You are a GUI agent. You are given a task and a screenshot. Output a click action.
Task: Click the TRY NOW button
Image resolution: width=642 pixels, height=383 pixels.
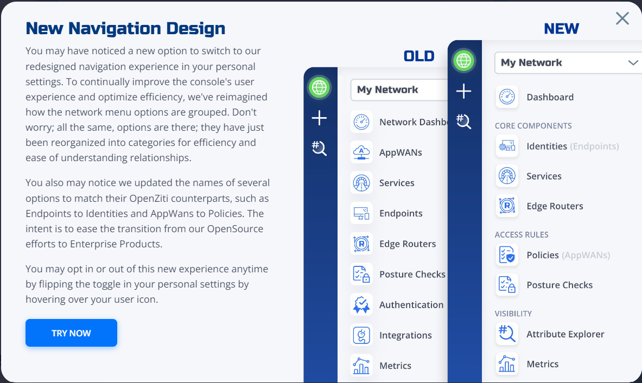pyautogui.click(x=71, y=333)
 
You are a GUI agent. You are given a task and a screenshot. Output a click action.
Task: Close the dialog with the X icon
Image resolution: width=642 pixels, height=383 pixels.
pyautogui.click(x=622, y=18)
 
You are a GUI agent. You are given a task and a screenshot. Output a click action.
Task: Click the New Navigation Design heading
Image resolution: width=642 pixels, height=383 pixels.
pyautogui.click(x=125, y=28)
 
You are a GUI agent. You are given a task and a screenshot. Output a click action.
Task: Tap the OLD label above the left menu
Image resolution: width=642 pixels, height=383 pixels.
pyautogui.click(x=419, y=56)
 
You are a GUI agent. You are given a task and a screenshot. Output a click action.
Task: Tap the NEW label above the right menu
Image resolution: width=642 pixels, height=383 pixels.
pyautogui.click(x=561, y=29)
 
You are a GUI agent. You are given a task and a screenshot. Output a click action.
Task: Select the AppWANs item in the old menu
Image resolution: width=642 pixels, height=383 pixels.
pyautogui.click(x=401, y=152)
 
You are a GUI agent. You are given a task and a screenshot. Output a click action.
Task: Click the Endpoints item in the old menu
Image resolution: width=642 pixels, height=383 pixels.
pyautogui.click(x=401, y=213)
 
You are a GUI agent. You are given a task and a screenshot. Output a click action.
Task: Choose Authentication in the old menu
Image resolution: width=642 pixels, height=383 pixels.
pyautogui.click(x=411, y=305)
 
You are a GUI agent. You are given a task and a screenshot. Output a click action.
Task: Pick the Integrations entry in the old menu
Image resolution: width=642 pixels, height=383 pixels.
pyautogui.click(x=405, y=336)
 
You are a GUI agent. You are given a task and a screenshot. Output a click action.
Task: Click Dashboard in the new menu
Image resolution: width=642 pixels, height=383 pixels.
pyautogui.click(x=550, y=97)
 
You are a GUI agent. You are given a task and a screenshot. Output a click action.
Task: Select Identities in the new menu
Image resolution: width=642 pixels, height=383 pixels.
pyautogui.click(x=546, y=146)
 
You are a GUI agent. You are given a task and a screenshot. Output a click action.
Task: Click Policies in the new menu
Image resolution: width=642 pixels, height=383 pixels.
pyautogui.click(x=543, y=255)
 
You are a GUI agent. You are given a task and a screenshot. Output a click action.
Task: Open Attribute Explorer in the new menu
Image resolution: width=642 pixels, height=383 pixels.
pyautogui.click(x=565, y=334)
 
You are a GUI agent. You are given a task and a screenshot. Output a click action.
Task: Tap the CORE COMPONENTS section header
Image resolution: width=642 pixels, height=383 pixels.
pyautogui.click(x=533, y=126)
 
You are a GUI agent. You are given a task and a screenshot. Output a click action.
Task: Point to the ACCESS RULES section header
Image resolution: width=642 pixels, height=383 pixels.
pyautogui.click(x=521, y=234)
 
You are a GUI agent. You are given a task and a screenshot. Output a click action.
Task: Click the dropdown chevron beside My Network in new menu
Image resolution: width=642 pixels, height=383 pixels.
pyautogui.click(x=633, y=62)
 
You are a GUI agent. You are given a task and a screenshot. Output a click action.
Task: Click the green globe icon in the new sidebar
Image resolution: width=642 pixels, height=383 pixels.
pyautogui.click(x=463, y=61)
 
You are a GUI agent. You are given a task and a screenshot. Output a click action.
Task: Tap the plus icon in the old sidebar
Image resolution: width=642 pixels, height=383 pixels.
pyautogui.click(x=319, y=118)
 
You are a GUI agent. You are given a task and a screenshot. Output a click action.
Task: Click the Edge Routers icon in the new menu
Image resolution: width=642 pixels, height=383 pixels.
pyautogui.click(x=507, y=206)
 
